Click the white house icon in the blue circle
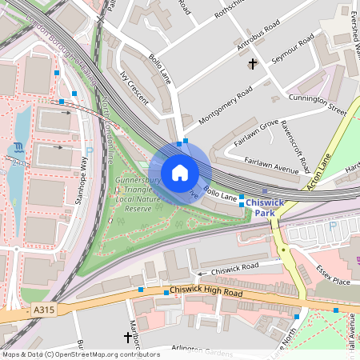pos(180,173)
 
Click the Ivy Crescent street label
pos(134,87)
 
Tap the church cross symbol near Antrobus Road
pos(253,63)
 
